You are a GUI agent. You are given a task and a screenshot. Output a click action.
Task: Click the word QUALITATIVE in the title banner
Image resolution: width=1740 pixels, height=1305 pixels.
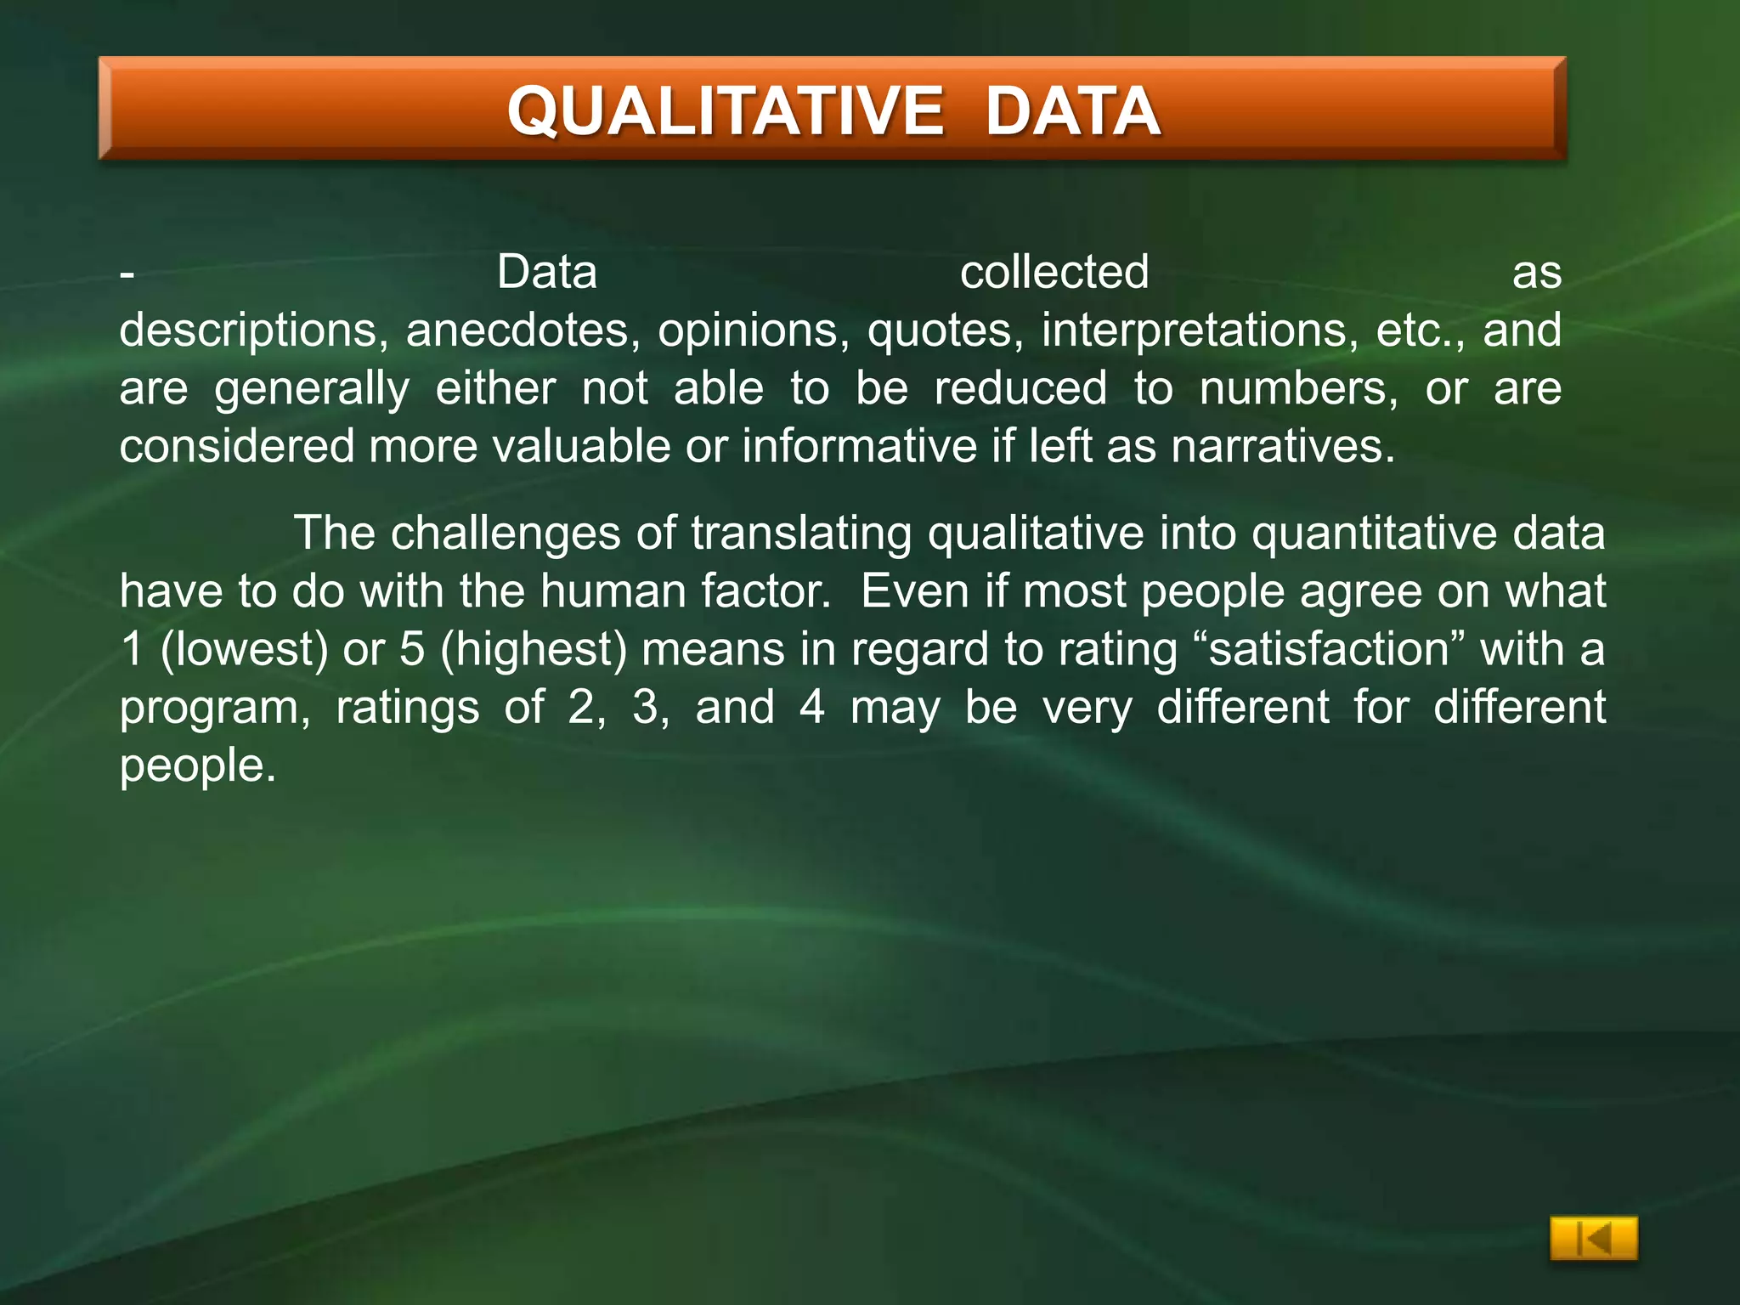coord(725,111)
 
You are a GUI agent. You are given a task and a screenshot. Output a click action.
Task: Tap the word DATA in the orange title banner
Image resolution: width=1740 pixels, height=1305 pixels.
coord(1072,111)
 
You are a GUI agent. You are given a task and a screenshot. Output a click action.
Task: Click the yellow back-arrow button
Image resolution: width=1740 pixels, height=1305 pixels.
coord(1593,1240)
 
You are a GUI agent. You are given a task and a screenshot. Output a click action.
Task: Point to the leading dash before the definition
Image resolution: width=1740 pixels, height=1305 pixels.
coord(127,274)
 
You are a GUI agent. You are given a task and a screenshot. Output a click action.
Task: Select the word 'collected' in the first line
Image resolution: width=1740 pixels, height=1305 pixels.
coord(1054,273)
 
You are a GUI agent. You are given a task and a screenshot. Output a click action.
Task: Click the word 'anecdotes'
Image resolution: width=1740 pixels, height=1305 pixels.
coord(523,330)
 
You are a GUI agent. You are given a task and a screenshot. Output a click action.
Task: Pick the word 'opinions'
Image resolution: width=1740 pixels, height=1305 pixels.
coord(753,330)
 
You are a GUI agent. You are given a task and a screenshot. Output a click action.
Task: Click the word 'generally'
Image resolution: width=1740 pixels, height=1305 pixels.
coord(312,390)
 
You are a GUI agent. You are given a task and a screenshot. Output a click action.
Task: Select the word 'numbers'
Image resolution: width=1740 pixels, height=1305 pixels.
coord(1298,388)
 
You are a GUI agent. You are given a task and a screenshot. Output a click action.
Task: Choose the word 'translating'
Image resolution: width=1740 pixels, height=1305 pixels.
coord(801,534)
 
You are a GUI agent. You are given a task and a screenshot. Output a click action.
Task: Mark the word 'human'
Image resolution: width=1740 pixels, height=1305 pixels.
coord(613,591)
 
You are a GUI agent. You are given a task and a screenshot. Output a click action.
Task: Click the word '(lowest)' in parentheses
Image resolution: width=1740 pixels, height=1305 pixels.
coord(244,650)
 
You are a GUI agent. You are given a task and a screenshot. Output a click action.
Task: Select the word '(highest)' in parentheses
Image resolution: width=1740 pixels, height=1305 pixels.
coord(534,650)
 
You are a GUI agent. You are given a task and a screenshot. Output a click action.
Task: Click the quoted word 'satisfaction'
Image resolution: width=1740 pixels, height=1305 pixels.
coord(1329,649)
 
